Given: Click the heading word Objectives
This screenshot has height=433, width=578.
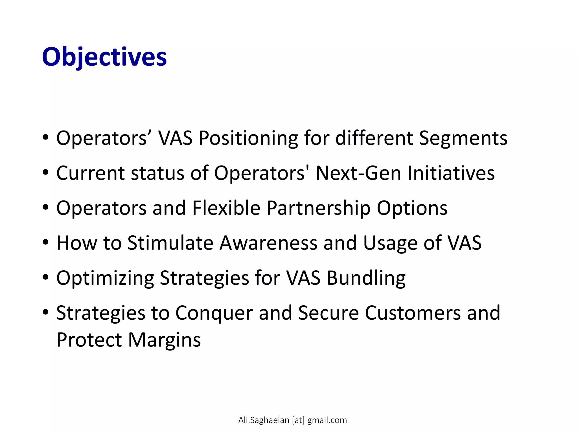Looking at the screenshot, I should (104, 57).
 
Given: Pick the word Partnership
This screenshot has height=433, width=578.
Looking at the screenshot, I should (318, 208).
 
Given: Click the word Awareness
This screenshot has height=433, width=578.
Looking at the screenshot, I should (268, 243).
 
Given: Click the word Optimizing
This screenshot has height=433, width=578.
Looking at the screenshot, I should (105, 278).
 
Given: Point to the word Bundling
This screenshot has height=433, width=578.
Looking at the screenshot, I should (366, 278).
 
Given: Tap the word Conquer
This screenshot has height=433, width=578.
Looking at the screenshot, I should (214, 313).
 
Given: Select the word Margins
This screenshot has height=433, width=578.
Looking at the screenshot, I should (165, 340).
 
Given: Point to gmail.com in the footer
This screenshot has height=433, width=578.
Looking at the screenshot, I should (327, 420).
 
